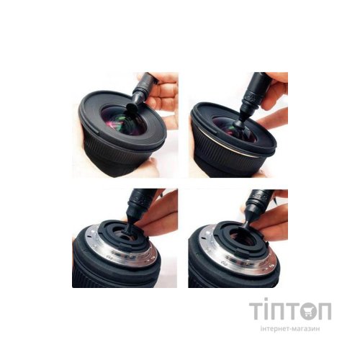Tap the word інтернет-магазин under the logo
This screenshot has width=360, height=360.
(x=290, y=328)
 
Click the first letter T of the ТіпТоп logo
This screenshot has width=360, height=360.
(x=257, y=311)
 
